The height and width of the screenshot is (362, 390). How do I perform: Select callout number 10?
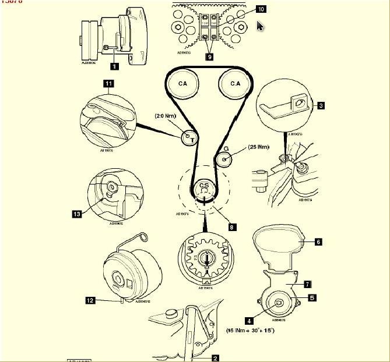tap(260, 9)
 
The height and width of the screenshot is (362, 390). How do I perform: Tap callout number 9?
tap(208, 57)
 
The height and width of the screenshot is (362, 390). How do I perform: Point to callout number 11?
tap(108, 83)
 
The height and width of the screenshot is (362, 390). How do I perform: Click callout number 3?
tap(320, 105)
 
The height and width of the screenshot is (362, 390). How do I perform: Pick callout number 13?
tap(77, 214)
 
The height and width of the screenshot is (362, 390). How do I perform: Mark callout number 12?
tap(90, 300)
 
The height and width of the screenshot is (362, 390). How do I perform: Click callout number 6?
tap(318, 241)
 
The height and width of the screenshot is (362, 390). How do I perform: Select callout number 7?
tap(307, 285)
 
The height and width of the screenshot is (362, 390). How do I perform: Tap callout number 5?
tap(312, 297)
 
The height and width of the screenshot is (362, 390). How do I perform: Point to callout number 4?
tap(250, 320)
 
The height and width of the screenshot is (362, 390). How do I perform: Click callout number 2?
tap(215, 359)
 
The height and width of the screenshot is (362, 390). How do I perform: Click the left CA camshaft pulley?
tap(182, 84)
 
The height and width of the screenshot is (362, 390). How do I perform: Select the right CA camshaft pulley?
tap(234, 84)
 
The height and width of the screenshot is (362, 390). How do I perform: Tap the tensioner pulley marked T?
tap(190, 138)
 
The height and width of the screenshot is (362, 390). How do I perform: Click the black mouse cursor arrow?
tap(260, 26)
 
